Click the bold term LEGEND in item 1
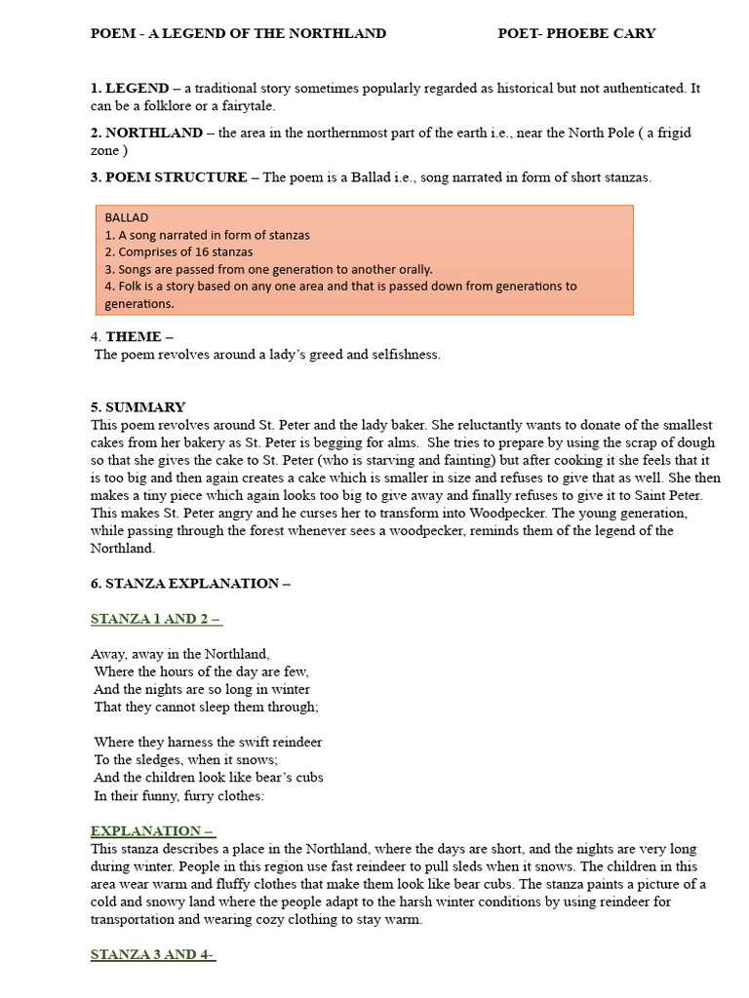click(137, 89)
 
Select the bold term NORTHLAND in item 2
click(154, 133)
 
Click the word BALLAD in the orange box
click(127, 217)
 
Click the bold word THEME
click(134, 337)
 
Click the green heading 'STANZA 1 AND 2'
click(156, 619)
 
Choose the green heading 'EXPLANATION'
click(152, 831)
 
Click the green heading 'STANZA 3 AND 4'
click(152, 955)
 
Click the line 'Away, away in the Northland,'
click(180, 655)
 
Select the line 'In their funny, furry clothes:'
click(179, 795)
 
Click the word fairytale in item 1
click(247, 106)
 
